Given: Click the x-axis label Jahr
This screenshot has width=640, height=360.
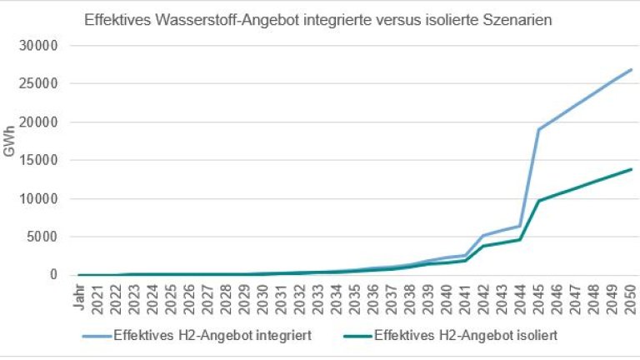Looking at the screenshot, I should (78, 295).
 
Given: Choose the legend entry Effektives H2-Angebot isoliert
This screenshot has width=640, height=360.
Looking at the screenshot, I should (466, 337).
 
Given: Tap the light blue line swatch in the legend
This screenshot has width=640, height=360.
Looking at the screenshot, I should (102, 337).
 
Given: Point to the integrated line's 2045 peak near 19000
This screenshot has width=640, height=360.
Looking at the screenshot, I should (539, 129).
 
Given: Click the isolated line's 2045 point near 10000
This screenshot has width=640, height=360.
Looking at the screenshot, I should (539, 201).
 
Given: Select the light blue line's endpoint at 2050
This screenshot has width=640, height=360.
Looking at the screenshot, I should (631, 70).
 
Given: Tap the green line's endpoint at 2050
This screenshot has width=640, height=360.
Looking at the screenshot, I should (631, 169).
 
